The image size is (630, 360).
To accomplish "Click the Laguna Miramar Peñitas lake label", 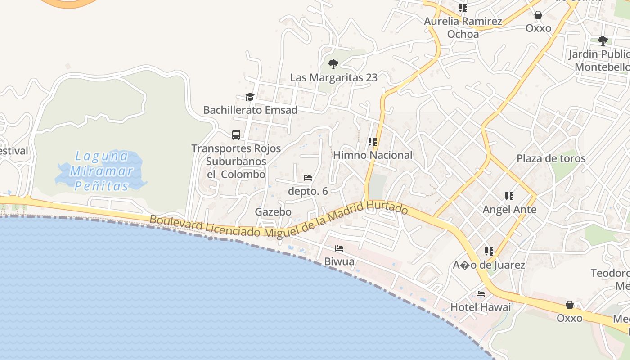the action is [101, 171].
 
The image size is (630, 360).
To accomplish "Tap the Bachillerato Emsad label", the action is [250, 110].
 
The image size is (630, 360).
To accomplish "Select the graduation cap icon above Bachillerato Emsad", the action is [250, 97].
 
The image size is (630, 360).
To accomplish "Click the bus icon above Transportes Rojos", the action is [236, 135].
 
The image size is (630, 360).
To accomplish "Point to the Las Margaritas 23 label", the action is [333, 77].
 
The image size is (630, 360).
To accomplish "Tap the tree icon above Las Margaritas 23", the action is [333, 64].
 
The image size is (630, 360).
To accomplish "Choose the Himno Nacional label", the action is [373, 155].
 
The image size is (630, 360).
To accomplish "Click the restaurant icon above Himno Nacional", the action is [372, 142].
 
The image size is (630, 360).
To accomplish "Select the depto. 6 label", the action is [308, 191].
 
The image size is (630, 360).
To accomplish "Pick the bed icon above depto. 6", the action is [308, 178].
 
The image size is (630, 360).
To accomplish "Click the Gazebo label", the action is [273, 211].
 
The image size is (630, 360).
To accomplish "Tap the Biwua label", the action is [339, 261].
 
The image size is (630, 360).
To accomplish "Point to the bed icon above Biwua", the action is [339, 248].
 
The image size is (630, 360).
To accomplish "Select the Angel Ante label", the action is [509, 210].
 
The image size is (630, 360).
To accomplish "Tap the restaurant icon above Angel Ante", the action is [509, 196].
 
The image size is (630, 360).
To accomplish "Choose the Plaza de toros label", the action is [551, 158].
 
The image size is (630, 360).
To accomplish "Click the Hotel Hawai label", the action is [481, 307].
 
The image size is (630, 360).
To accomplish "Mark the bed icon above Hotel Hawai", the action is [481, 294].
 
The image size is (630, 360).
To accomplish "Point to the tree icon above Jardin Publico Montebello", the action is [603, 41].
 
